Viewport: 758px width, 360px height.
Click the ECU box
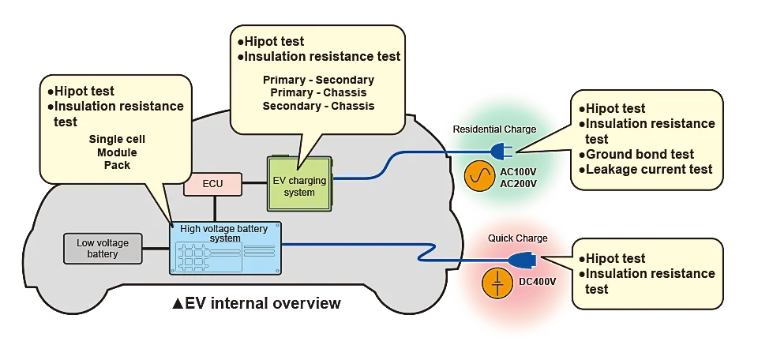[x=212, y=184]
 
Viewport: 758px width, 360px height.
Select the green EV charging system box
[x=298, y=182]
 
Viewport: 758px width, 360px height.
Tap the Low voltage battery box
[x=103, y=248]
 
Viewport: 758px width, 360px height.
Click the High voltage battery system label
[x=224, y=234]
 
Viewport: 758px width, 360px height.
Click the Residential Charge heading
[x=494, y=129]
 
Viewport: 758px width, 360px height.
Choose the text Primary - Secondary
[x=318, y=80]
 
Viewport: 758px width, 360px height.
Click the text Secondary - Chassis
[x=318, y=106]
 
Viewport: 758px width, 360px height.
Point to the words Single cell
[x=117, y=139]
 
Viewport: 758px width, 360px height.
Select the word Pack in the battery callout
[x=117, y=165]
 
